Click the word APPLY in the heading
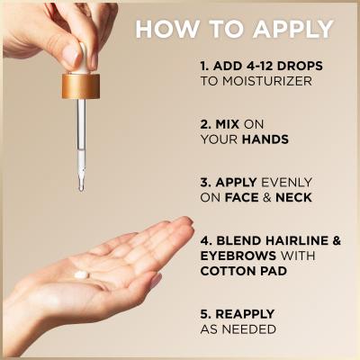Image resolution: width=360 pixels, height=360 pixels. click(x=292, y=30)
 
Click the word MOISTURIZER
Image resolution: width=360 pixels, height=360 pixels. click(x=267, y=81)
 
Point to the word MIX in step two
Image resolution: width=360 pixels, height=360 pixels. click(x=228, y=124)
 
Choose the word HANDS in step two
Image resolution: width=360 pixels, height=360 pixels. click(x=265, y=139)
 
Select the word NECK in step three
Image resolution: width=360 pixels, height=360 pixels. click(x=293, y=197)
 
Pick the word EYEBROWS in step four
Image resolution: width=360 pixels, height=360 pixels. click(x=238, y=256)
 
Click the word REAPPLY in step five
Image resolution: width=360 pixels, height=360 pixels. click(x=245, y=314)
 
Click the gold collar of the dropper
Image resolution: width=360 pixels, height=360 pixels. click(x=81, y=86)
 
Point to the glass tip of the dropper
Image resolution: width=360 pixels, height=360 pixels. click(x=81, y=186)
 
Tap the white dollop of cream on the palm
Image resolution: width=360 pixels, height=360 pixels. click(x=82, y=274)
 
